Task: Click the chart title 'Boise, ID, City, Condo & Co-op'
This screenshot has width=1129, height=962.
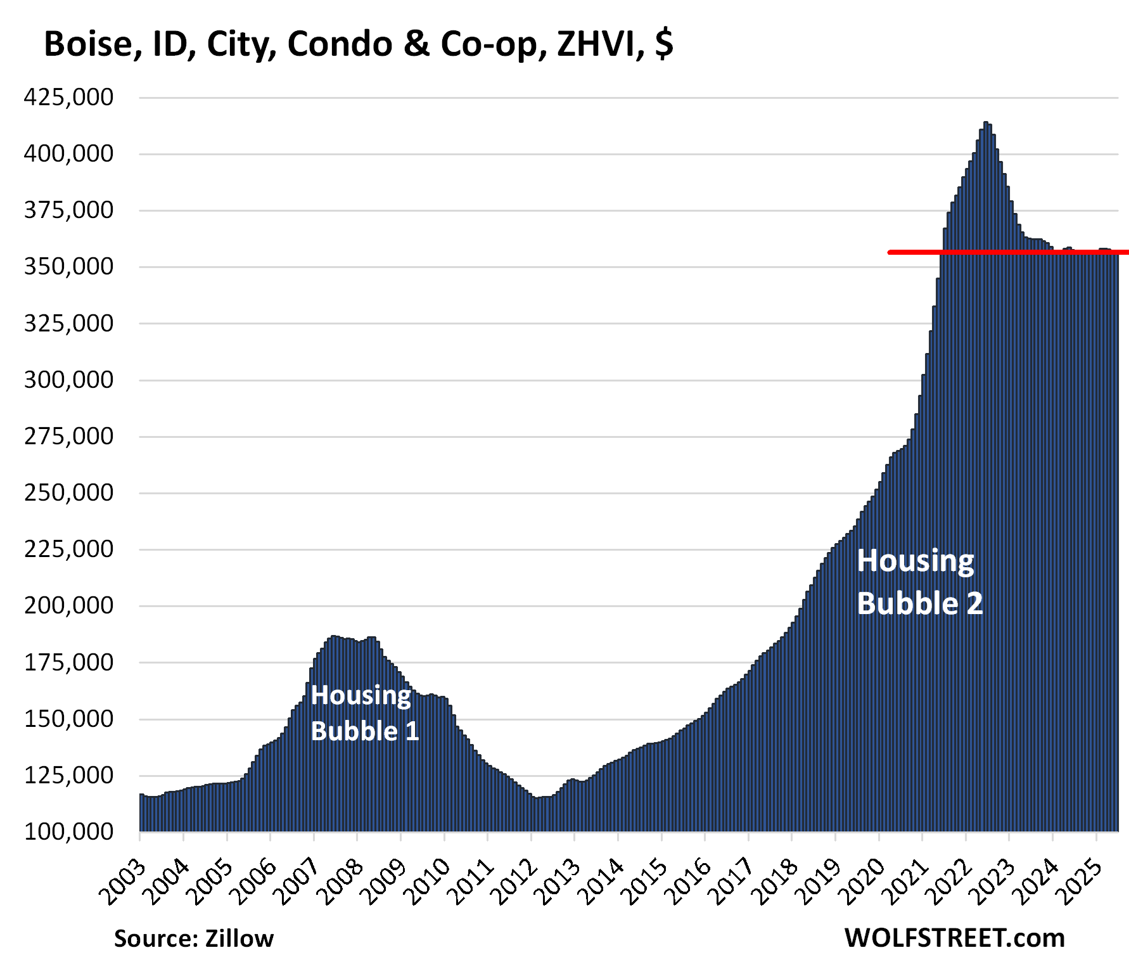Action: [x=358, y=44]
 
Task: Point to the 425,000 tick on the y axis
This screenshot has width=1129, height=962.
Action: [x=68, y=98]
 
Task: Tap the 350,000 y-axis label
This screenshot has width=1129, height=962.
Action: [x=68, y=267]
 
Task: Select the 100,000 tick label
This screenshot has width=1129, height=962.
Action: [x=68, y=831]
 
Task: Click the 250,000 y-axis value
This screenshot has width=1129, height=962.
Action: [x=68, y=492]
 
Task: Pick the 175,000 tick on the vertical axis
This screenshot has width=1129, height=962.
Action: [x=68, y=662]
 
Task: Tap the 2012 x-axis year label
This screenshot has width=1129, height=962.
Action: [x=515, y=882]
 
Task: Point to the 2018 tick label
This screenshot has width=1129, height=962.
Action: [x=776, y=882]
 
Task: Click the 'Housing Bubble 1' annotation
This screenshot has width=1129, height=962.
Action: [x=364, y=713]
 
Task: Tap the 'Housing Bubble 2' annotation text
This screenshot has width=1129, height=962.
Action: [x=919, y=582]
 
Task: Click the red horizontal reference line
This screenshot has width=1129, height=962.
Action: [x=1007, y=252]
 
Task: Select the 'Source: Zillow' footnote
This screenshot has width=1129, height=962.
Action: [x=193, y=939]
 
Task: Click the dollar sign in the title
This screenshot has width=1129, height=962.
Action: [x=663, y=44]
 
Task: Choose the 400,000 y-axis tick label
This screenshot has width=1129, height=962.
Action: [x=68, y=154]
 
